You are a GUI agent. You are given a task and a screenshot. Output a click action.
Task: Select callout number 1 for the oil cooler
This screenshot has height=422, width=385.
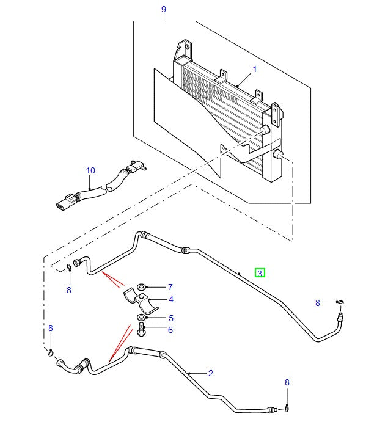254,69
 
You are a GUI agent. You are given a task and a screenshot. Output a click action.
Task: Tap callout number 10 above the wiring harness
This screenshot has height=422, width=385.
90,170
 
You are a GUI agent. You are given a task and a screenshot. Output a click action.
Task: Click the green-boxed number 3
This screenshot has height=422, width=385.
260,273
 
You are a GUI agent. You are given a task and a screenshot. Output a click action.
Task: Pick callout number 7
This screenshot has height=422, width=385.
170,286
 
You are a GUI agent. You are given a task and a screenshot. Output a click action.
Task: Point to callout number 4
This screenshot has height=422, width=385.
170,300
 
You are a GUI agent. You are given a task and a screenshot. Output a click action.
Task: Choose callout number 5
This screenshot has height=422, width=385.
170,318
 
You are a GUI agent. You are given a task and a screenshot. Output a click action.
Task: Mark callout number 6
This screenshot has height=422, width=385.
170,330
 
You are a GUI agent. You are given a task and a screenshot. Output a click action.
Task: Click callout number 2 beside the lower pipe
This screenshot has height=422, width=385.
210,373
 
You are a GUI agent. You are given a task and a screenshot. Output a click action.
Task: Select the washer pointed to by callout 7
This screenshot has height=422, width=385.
142,286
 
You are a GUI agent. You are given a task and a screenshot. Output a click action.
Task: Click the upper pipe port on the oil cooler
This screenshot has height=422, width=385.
265,131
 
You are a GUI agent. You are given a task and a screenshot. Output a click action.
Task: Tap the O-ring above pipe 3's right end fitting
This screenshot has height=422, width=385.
341,302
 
